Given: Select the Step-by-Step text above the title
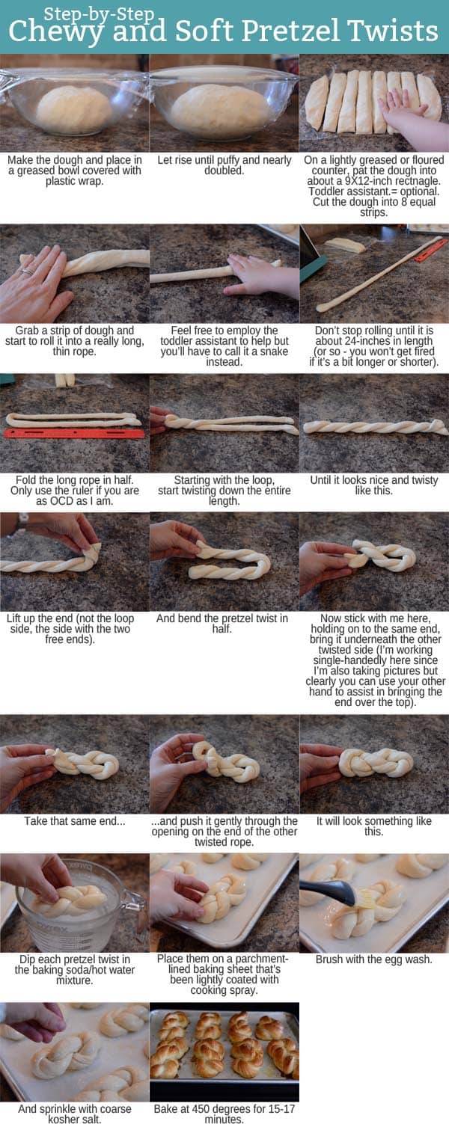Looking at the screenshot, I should (99, 13).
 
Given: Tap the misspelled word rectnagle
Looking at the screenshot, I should (420, 180).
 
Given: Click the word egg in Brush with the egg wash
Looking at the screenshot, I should (385, 959).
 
